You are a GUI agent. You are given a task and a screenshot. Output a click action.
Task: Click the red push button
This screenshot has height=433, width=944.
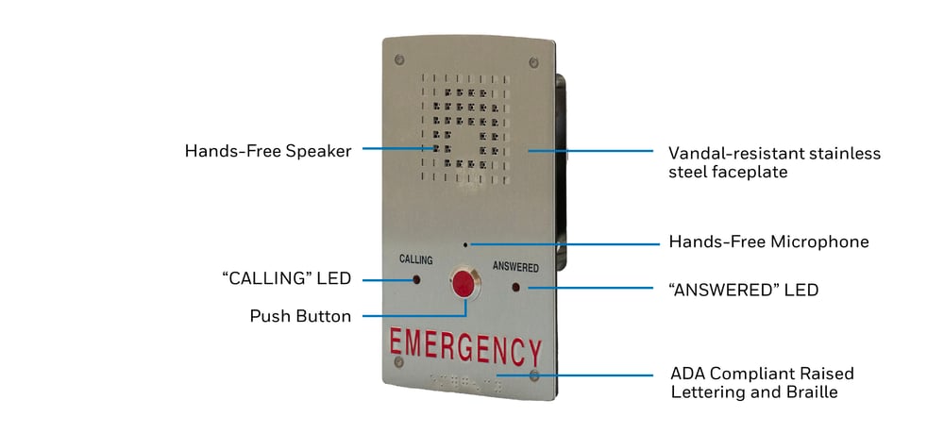[465, 284]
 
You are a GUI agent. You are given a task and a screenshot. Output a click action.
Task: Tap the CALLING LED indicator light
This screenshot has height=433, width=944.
[416, 279]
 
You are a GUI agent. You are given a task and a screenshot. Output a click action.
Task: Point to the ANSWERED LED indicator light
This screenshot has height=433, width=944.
[516, 287]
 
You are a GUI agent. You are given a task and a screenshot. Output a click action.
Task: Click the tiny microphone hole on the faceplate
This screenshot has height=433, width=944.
[465, 244]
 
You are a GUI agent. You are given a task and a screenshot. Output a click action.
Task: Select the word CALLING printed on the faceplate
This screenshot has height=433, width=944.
[416, 259]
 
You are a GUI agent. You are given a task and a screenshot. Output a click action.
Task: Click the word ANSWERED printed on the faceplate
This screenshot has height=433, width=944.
[515, 267]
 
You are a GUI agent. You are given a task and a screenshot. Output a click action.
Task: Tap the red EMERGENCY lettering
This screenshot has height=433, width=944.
[465, 348]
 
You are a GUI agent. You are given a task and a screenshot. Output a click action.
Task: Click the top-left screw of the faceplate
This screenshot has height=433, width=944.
[398, 58]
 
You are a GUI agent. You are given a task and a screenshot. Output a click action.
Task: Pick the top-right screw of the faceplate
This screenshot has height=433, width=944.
[533, 62]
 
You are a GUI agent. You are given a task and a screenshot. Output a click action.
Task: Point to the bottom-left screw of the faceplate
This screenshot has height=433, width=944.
[398, 361]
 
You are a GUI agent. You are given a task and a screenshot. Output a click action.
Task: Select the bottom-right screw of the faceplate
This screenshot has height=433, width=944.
[533, 375]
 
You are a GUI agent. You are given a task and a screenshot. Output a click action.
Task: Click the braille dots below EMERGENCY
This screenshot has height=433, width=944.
[464, 382]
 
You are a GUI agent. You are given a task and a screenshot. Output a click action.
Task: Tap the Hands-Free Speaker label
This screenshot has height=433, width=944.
[268, 150]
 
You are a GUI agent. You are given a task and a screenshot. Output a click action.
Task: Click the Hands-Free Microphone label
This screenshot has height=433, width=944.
[768, 241]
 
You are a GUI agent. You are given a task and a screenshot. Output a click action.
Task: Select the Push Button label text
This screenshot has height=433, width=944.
[300, 316]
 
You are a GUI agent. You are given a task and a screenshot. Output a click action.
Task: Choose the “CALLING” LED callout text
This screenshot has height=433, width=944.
[287, 278]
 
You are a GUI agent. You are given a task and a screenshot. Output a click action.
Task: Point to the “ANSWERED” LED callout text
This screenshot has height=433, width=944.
[744, 290]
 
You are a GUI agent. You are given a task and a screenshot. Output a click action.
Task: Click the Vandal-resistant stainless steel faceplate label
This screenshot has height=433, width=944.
[775, 162]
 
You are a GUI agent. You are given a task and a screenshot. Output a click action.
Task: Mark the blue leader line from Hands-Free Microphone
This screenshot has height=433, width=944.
[565, 244]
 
